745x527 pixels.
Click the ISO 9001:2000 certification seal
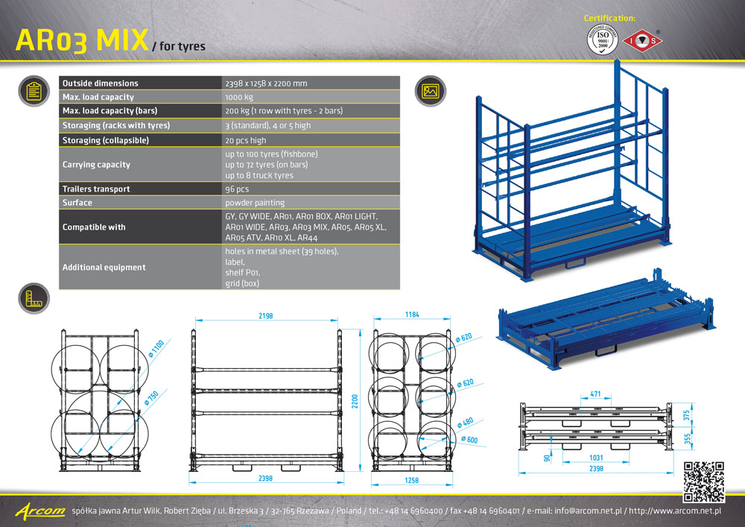pyautogui.click(x=603, y=40)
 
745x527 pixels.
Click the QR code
pyautogui.click(x=704, y=482)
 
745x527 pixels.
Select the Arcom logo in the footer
pyautogui.click(x=40, y=511)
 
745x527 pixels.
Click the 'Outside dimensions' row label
pyautogui.click(x=101, y=83)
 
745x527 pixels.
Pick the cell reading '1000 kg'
pyautogui.click(x=239, y=97)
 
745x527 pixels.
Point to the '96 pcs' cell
pyautogui.click(x=237, y=189)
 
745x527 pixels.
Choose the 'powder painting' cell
pyautogui.click(x=255, y=203)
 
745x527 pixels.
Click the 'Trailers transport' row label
pyautogui.click(x=96, y=189)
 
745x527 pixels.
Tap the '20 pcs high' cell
pyautogui.click(x=246, y=140)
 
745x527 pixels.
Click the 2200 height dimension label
pyautogui.click(x=355, y=402)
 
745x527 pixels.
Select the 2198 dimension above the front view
pyautogui.click(x=266, y=315)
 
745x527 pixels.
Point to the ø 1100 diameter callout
pyautogui.click(x=156, y=348)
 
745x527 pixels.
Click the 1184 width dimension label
pyautogui.click(x=412, y=315)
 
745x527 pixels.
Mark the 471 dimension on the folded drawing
pyautogui.click(x=595, y=394)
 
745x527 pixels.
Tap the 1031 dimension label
pyautogui.click(x=596, y=458)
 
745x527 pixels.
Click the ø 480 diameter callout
pyautogui.click(x=465, y=423)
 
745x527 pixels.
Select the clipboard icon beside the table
pyautogui.click(x=34, y=91)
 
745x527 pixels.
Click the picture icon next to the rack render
pyautogui.click(x=431, y=91)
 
